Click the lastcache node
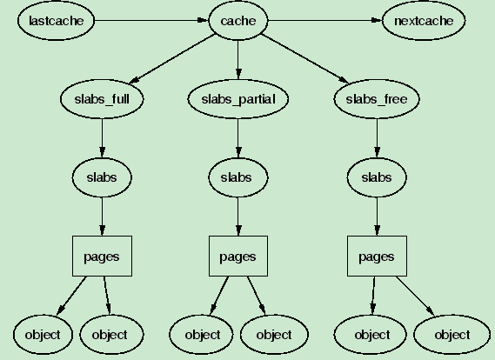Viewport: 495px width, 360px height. pos(54,20)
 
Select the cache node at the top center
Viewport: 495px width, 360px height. pos(237,20)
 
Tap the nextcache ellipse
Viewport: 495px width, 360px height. pos(423,20)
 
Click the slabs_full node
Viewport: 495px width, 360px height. pos(102,99)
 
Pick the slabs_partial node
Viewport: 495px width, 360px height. pos(237,99)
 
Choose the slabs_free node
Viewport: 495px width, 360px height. pos(376,99)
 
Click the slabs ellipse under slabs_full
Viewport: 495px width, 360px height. pos(102,177)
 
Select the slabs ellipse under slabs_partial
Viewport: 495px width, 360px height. pos(237,177)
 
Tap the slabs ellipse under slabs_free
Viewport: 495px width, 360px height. pos(376,177)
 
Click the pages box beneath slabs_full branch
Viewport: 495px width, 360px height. pos(102,257)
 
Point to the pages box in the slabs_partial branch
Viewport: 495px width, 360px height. pos(237,257)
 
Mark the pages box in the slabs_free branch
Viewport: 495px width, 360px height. pos(376,257)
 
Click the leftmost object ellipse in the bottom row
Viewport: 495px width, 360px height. pos(42,334)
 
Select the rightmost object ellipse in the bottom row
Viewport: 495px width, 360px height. pos(452,334)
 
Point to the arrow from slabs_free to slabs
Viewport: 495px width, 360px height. pos(376,138)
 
